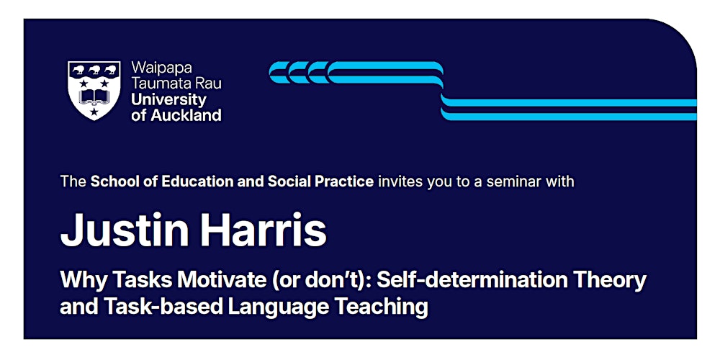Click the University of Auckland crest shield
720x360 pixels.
(x=94, y=90)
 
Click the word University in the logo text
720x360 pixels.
(x=168, y=99)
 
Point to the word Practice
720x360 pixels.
(x=346, y=181)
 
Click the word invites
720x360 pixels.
(x=400, y=181)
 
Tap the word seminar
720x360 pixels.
(x=513, y=181)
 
